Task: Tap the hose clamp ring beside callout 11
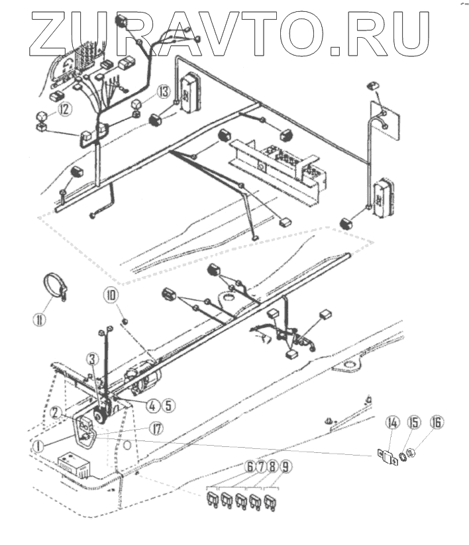coord(58,288)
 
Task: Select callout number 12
coord(64,109)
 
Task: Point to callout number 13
coord(164,91)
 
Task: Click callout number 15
coord(415,421)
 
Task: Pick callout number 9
coord(287,466)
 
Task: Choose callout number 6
coord(250,466)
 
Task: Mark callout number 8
coord(274,466)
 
